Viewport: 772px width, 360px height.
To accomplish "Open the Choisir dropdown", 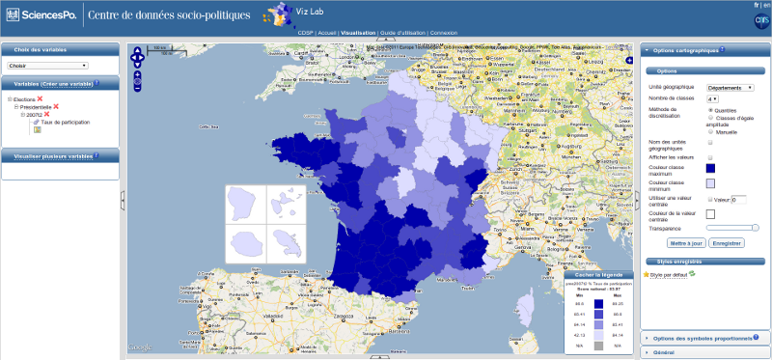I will tap(47, 66).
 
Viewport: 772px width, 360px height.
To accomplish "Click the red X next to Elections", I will tap(40, 98).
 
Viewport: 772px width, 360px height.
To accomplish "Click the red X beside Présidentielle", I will tap(56, 106).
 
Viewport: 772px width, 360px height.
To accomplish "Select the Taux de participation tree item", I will tap(64, 123).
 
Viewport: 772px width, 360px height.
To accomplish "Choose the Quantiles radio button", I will tap(711, 109).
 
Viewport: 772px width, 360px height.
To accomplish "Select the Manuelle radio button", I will tap(711, 131).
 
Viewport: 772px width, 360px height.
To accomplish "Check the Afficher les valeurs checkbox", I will tap(711, 157).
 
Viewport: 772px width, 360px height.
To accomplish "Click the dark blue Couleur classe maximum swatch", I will tap(711, 168).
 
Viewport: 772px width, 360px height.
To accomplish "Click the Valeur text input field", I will tap(739, 199).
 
